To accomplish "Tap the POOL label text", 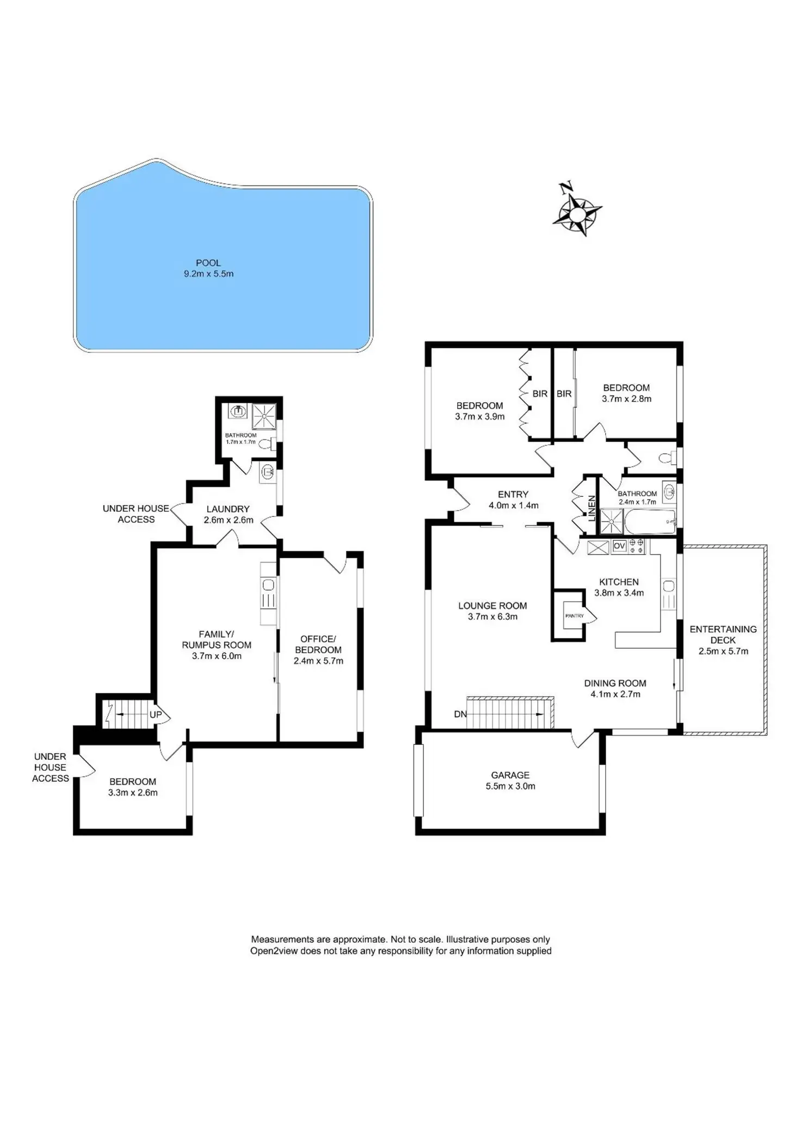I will [x=208, y=263].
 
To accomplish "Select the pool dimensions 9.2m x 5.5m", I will [x=208, y=274].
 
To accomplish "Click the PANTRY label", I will [x=574, y=615].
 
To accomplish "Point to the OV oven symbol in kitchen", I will [x=619, y=546].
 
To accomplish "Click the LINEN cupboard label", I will [x=592, y=508].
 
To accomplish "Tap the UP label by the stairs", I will [x=156, y=715].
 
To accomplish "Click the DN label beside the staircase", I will [x=460, y=714].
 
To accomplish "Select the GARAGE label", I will [x=510, y=775].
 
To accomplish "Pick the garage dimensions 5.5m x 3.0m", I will [x=510, y=786].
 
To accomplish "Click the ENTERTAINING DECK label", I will [x=723, y=635].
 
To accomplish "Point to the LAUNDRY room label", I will [x=228, y=509].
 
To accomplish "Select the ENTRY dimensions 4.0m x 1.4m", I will [x=513, y=506].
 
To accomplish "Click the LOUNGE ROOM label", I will [x=492, y=606].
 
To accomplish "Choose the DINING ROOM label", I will [x=615, y=683].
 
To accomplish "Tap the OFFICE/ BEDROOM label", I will [x=318, y=644].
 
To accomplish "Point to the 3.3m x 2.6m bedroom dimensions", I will [x=133, y=793].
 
